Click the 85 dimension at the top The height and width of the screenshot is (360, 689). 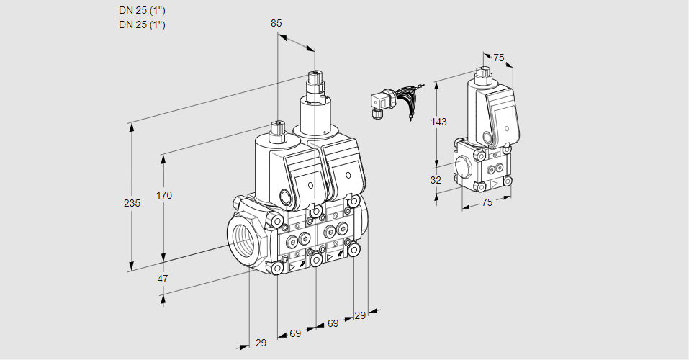[x=276, y=23]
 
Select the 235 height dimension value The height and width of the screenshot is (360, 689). [x=132, y=203]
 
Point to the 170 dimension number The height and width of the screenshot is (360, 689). [x=164, y=195]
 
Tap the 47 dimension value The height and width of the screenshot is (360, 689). [x=163, y=279]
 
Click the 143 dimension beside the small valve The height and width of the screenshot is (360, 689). [x=438, y=122]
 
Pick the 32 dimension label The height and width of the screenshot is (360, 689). [x=436, y=180]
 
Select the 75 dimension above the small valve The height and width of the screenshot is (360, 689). [x=499, y=58]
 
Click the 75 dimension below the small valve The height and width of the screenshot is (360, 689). [x=487, y=202]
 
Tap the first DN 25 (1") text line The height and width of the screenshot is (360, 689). [x=142, y=11]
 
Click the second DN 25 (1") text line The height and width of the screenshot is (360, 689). [x=142, y=24]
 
